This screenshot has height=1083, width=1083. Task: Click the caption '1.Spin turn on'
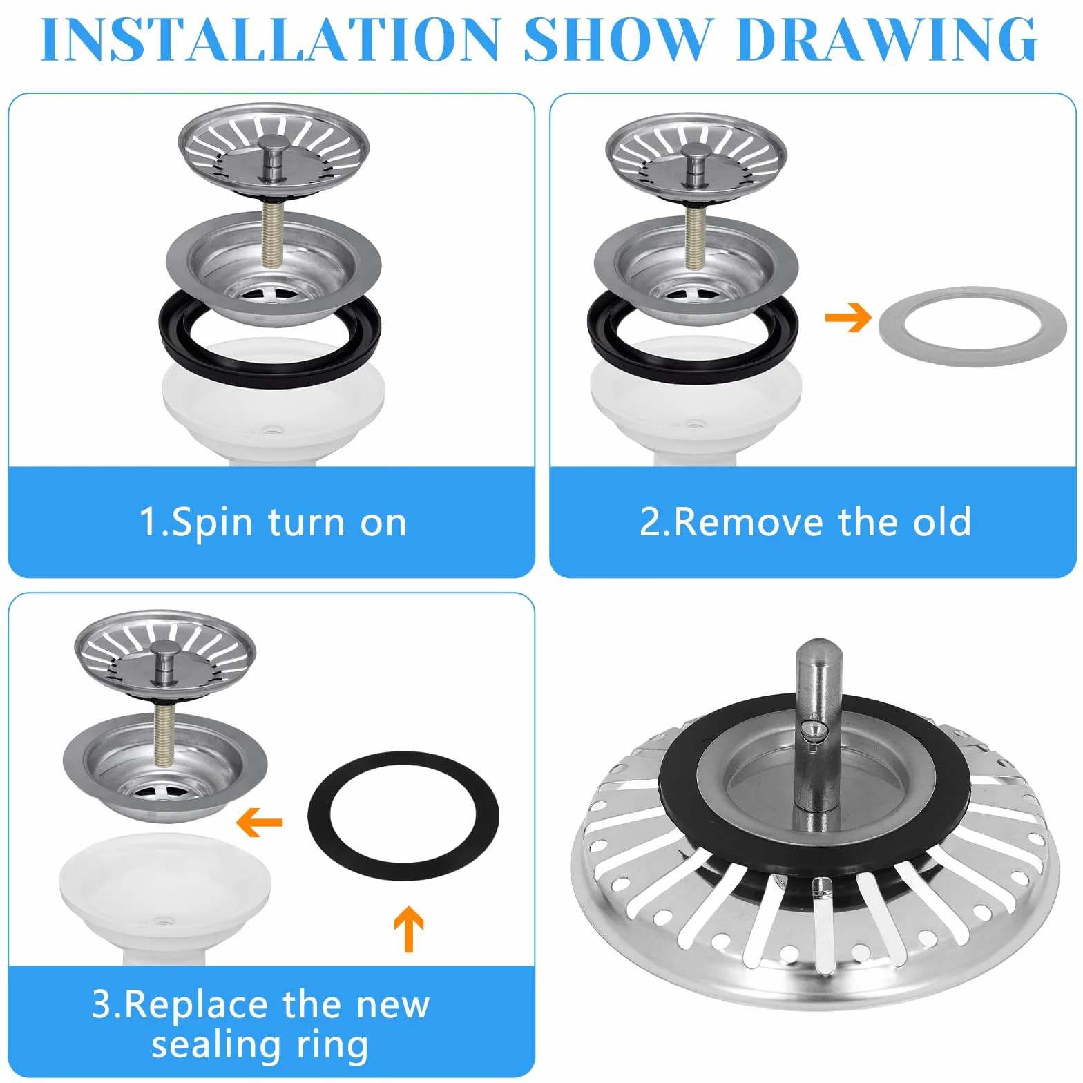273,522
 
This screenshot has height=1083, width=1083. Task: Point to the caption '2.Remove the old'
805,521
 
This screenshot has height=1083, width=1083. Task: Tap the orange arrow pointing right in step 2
848,318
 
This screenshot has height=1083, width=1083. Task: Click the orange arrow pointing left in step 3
259,822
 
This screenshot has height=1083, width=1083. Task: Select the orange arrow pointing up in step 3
409,929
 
